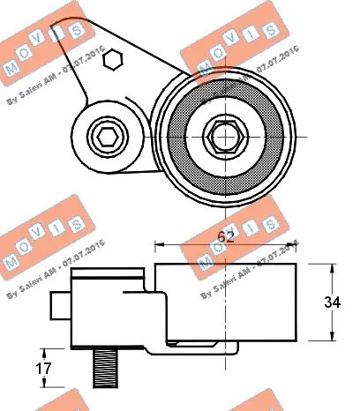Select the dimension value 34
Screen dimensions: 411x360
[x=333, y=303]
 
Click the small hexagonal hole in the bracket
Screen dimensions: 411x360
[x=111, y=61]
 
